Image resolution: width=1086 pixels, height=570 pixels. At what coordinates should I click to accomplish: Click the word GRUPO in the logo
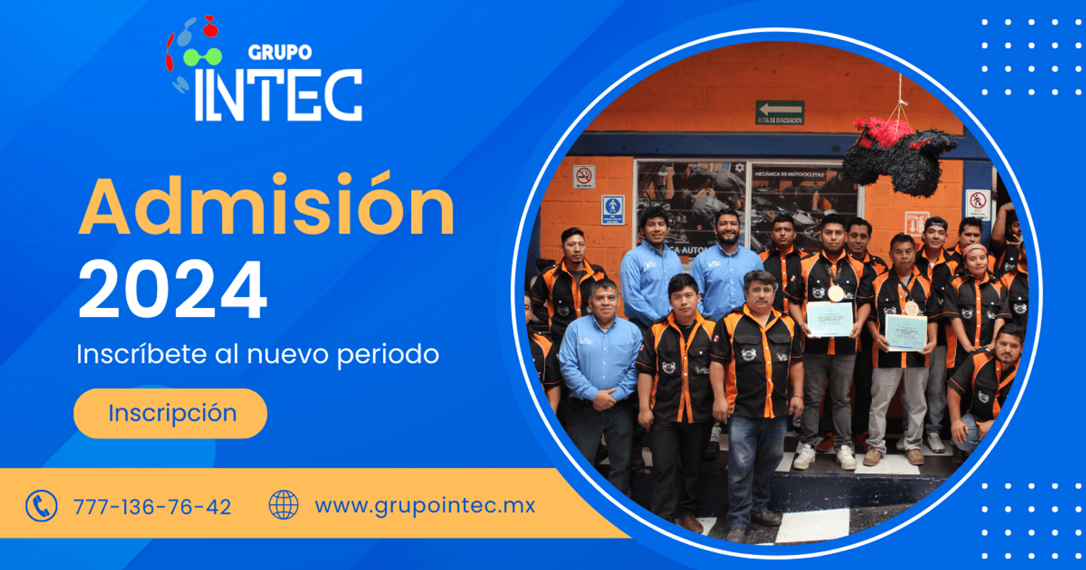pyautogui.click(x=280, y=52)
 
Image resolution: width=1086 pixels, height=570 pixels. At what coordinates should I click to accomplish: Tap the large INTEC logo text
pyautogui.click(x=278, y=95)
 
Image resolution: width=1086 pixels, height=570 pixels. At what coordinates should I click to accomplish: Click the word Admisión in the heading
pyautogui.click(x=267, y=205)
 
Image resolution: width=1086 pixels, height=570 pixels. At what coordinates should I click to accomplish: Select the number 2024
pyautogui.click(x=172, y=290)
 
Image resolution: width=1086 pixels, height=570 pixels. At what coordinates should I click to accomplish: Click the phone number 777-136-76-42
pyautogui.click(x=152, y=507)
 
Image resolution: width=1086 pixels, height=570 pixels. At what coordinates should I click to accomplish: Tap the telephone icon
pyautogui.click(x=41, y=506)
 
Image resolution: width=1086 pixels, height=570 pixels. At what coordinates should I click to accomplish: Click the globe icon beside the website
pyautogui.click(x=284, y=506)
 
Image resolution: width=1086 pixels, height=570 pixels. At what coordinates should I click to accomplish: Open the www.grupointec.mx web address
pyautogui.click(x=425, y=506)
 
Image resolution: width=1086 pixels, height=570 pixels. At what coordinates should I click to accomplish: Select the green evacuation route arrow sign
pyautogui.click(x=780, y=112)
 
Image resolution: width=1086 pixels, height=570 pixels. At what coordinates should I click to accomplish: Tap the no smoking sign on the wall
pyautogui.click(x=584, y=176)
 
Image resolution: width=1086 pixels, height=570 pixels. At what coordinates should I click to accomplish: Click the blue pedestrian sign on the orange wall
pyautogui.click(x=612, y=209)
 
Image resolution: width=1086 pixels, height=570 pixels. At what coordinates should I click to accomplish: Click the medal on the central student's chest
pyautogui.click(x=836, y=292)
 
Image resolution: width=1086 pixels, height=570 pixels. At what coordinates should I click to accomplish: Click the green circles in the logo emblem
pyautogui.click(x=202, y=56)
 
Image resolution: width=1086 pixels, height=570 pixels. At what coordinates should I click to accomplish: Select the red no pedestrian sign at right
pyautogui.click(x=977, y=202)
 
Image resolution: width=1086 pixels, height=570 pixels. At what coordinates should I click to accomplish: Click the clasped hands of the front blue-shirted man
pyautogui.click(x=603, y=400)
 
